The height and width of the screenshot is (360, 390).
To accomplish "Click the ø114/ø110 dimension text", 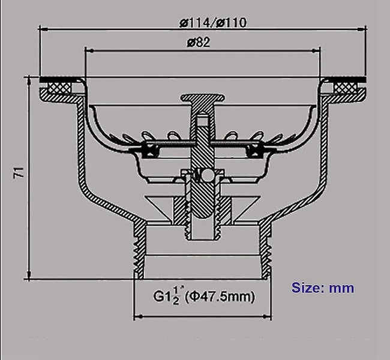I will click(x=212, y=23).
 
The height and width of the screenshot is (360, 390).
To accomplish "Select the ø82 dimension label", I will click(x=198, y=43).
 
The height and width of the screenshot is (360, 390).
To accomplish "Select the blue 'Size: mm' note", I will click(x=323, y=287).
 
